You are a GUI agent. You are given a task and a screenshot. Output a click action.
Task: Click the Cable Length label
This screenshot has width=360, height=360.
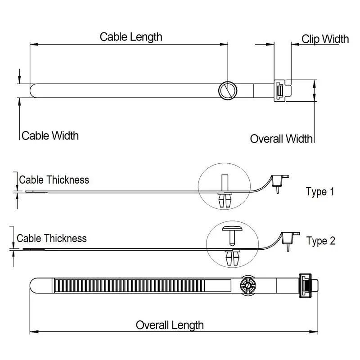tap(131, 36)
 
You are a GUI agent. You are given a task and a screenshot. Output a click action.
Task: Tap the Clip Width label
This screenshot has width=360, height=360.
tap(325, 39)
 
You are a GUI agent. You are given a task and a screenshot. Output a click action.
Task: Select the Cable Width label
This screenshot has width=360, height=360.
tap(50, 135)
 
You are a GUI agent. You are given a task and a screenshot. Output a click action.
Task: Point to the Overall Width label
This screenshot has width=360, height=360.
tap(281, 139)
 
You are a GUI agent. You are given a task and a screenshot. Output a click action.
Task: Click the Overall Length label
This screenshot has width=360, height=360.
tap(170, 324)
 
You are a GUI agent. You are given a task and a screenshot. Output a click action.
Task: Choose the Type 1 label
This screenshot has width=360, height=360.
tap(320, 192)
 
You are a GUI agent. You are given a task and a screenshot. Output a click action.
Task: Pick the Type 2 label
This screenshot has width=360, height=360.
tap(321, 241)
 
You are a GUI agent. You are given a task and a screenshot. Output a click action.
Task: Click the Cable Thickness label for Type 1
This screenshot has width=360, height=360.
tap(54, 180)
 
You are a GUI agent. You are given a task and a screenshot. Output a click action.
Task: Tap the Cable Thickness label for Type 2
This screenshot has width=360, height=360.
tap(52, 238)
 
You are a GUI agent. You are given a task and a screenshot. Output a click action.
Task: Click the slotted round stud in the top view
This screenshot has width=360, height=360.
tap(227, 90)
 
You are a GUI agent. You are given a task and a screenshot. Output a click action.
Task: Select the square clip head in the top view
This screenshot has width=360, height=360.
tap(282, 90)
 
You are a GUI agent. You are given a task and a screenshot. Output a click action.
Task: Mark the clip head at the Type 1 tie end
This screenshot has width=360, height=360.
tap(280, 181)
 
